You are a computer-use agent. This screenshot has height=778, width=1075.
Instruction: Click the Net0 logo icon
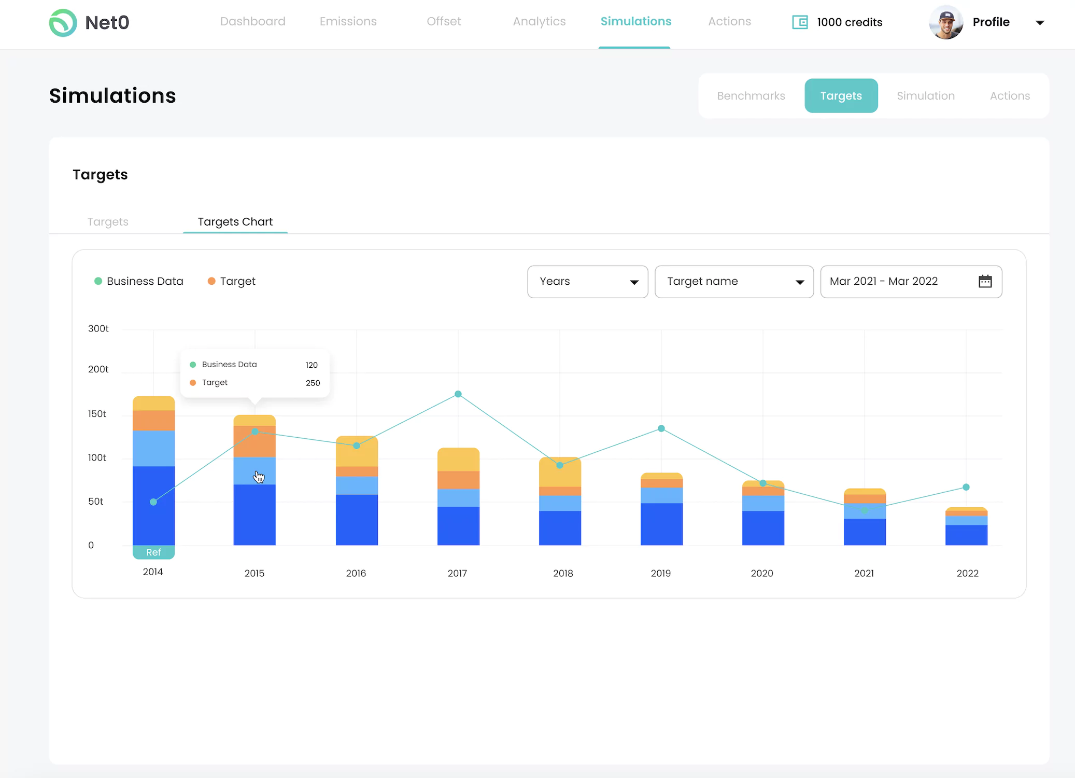point(63,23)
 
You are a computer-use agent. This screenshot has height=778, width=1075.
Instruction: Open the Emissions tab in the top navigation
point(348,21)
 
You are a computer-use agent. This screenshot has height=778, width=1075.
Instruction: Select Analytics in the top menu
point(539,21)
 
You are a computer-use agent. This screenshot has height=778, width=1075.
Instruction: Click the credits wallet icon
point(800,22)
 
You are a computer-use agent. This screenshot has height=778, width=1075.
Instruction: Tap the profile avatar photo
point(946,22)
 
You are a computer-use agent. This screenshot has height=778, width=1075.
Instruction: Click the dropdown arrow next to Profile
point(1039,23)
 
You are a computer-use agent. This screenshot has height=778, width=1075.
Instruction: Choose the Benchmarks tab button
point(751,96)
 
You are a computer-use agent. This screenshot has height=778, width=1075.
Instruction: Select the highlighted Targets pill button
point(841,96)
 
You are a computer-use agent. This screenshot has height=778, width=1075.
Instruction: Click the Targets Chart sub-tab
point(235,222)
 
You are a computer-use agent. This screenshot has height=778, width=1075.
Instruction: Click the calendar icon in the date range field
point(985,282)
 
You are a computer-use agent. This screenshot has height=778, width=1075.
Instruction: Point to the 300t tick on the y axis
point(98,329)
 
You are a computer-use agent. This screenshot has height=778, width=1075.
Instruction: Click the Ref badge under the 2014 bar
point(153,552)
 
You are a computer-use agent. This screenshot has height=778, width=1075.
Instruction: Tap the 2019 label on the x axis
point(660,573)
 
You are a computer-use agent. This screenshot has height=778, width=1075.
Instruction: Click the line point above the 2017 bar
point(458,394)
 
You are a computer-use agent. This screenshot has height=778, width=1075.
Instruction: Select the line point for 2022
point(966,487)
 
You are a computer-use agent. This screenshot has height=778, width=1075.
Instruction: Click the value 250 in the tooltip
point(313,383)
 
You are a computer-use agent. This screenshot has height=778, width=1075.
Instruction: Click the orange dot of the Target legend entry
point(211,281)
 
